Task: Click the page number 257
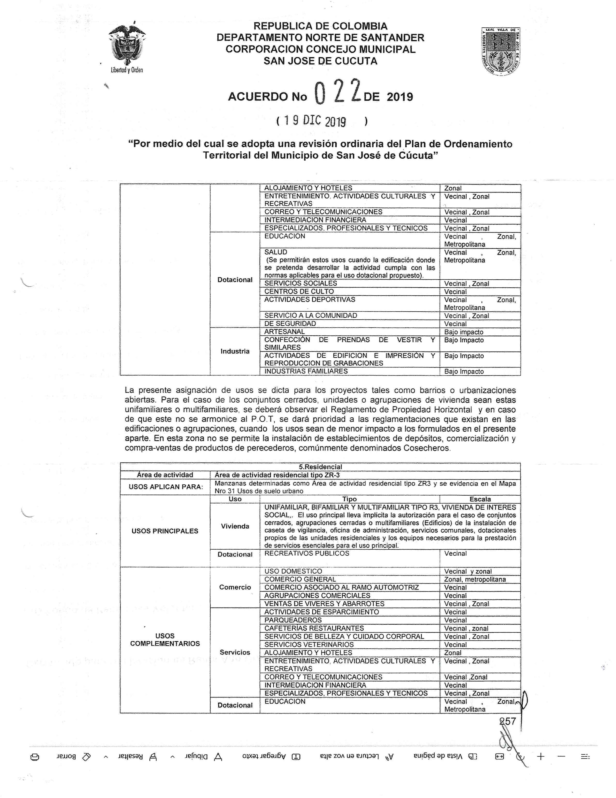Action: tap(508, 721)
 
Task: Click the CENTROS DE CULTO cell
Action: tap(299, 291)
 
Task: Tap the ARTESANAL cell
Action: tap(284, 331)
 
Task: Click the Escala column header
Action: tap(480, 499)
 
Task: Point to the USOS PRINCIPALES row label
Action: tap(165, 531)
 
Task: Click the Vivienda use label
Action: tap(235, 526)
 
